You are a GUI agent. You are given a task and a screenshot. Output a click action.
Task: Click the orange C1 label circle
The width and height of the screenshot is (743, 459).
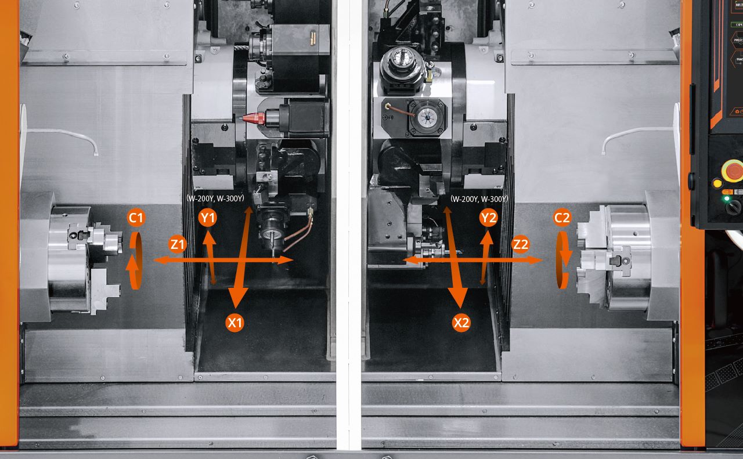(136, 218)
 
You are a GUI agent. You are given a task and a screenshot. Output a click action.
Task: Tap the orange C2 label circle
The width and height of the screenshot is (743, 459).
(562, 218)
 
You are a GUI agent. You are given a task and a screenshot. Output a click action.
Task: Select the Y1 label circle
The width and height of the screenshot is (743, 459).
(207, 218)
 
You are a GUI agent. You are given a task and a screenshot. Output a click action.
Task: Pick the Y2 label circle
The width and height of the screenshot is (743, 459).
(489, 218)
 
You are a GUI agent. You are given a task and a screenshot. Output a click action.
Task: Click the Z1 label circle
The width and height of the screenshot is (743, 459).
(178, 244)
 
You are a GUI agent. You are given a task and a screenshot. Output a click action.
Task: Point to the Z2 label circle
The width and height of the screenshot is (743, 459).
(520, 244)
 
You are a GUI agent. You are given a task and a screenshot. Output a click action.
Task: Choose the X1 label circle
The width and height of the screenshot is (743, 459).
(235, 323)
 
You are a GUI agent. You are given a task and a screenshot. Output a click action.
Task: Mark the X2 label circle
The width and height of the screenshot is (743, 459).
(461, 323)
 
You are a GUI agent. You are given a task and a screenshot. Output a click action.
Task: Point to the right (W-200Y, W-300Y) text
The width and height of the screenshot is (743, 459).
(479, 199)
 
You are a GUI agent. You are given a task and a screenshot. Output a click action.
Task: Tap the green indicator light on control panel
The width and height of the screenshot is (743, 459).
(725, 198)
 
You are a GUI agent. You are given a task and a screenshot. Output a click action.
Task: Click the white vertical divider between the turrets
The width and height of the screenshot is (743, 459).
(349, 232)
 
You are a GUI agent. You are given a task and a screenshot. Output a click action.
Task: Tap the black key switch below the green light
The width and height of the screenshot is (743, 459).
(734, 207)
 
